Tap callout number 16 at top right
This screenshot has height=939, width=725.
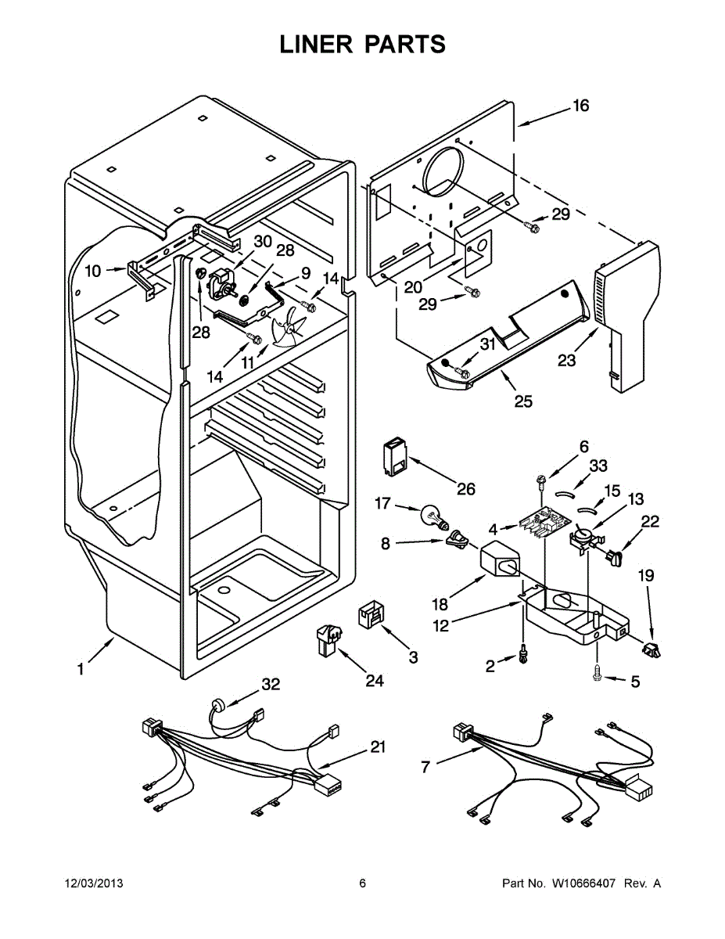pyautogui.click(x=580, y=106)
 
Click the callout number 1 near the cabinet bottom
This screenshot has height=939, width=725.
pyautogui.click(x=81, y=669)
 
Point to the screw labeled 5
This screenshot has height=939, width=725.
pyautogui.click(x=598, y=671)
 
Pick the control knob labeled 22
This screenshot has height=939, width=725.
pyautogui.click(x=616, y=557)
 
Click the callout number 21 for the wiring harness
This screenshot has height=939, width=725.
pyautogui.click(x=378, y=747)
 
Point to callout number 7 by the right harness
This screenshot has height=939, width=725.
pyautogui.click(x=425, y=767)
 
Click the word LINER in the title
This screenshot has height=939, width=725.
pyautogui.click(x=315, y=45)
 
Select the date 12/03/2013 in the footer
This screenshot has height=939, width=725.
pyautogui.click(x=93, y=883)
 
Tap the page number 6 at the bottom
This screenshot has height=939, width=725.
pyautogui.click(x=362, y=883)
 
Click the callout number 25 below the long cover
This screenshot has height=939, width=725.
pyautogui.click(x=522, y=401)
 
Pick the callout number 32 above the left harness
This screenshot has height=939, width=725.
pyautogui.click(x=271, y=685)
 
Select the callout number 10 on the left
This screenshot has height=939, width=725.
pyautogui.click(x=93, y=272)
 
